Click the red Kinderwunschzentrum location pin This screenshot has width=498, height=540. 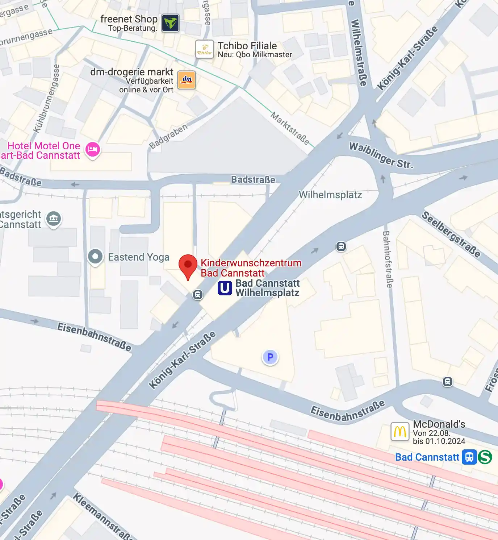(188, 265)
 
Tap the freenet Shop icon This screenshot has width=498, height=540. (170, 23)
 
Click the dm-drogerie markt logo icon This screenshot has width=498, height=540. (187, 80)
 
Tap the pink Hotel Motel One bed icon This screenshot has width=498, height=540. (93, 149)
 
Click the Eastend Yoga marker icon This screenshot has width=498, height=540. (95, 257)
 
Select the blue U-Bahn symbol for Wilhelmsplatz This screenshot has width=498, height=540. (225, 288)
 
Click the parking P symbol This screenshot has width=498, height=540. (270, 357)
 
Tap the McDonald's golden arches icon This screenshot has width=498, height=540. (400, 432)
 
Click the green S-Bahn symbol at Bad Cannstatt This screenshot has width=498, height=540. (485, 457)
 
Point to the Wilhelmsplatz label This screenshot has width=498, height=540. (330, 195)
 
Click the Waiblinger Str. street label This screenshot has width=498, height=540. (381, 155)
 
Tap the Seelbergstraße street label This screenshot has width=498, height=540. (451, 234)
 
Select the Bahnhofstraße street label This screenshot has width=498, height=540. (387, 259)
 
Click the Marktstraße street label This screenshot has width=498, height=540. (290, 129)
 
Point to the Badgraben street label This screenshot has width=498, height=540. (168, 136)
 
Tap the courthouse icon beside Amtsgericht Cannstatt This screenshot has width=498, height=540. (54, 219)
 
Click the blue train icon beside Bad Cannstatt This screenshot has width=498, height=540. (469, 457)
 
